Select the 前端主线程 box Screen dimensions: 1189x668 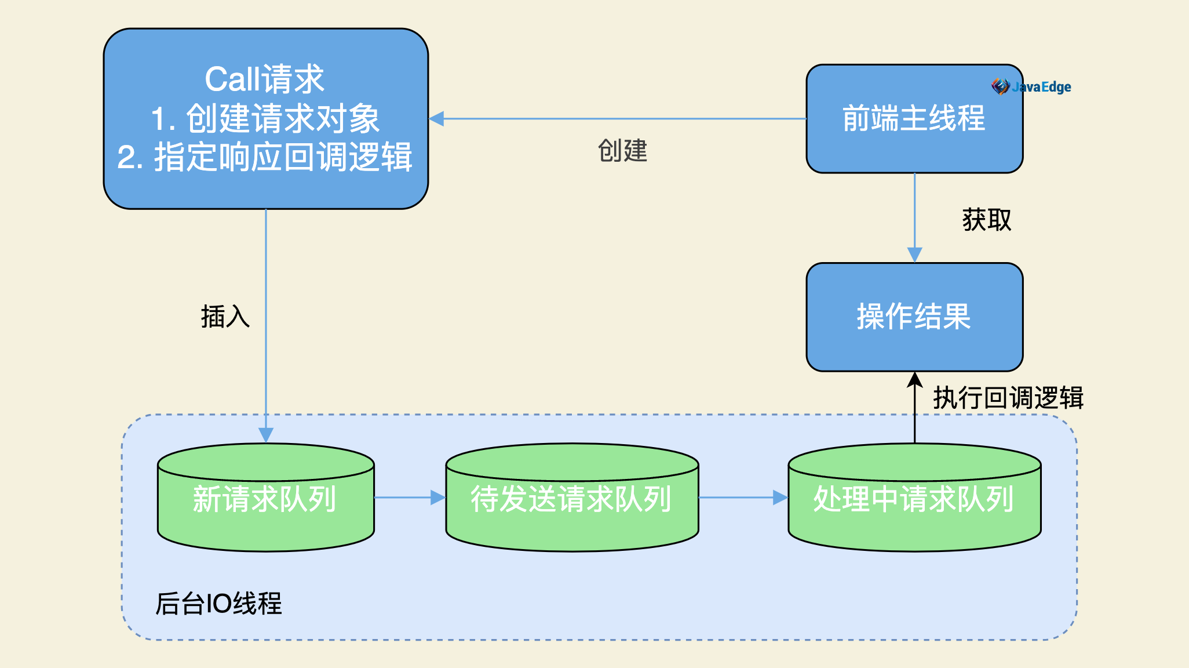pyautogui.click(x=914, y=119)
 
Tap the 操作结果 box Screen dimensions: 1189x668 pyautogui.click(x=914, y=317)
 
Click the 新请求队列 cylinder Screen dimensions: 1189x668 pyautogui.click(x=266, y=498)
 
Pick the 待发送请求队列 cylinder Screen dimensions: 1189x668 pyautogui.click(x=572, y=498)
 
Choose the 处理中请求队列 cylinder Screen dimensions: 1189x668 pyautogui.click(x=914, y=498)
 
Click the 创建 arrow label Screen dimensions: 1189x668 pyautogui.click(x=622, y=151)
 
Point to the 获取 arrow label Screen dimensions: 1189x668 pyautogui.click(x=987, y=220)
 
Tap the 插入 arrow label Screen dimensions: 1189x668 pyautogui.click(x=225, y=317)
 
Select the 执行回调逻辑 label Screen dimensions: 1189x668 pyautogui.click(x=1008, y=398)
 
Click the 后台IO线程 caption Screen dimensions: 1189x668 pyautogui.click(x=218, y=603)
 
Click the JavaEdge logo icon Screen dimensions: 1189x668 pyautogui.click(x=1001, y=86)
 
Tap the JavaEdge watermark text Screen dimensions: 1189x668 pyautogui.click(x=1041, y=87)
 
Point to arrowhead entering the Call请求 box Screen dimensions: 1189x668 pyautogui.click(x=436, y=119)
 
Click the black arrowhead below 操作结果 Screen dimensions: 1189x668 pyautogui.click(x=915, y=380)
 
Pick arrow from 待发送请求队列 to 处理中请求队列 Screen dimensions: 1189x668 pyautogui.click(x=743, y=498)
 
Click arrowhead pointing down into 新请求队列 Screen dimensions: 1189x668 pyautogui.click(x=266, y=435)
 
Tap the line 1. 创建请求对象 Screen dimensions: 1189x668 pyautogui.click(x=265, y=118)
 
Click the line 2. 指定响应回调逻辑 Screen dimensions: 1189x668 pyautogui.click(x=265, y=157)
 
